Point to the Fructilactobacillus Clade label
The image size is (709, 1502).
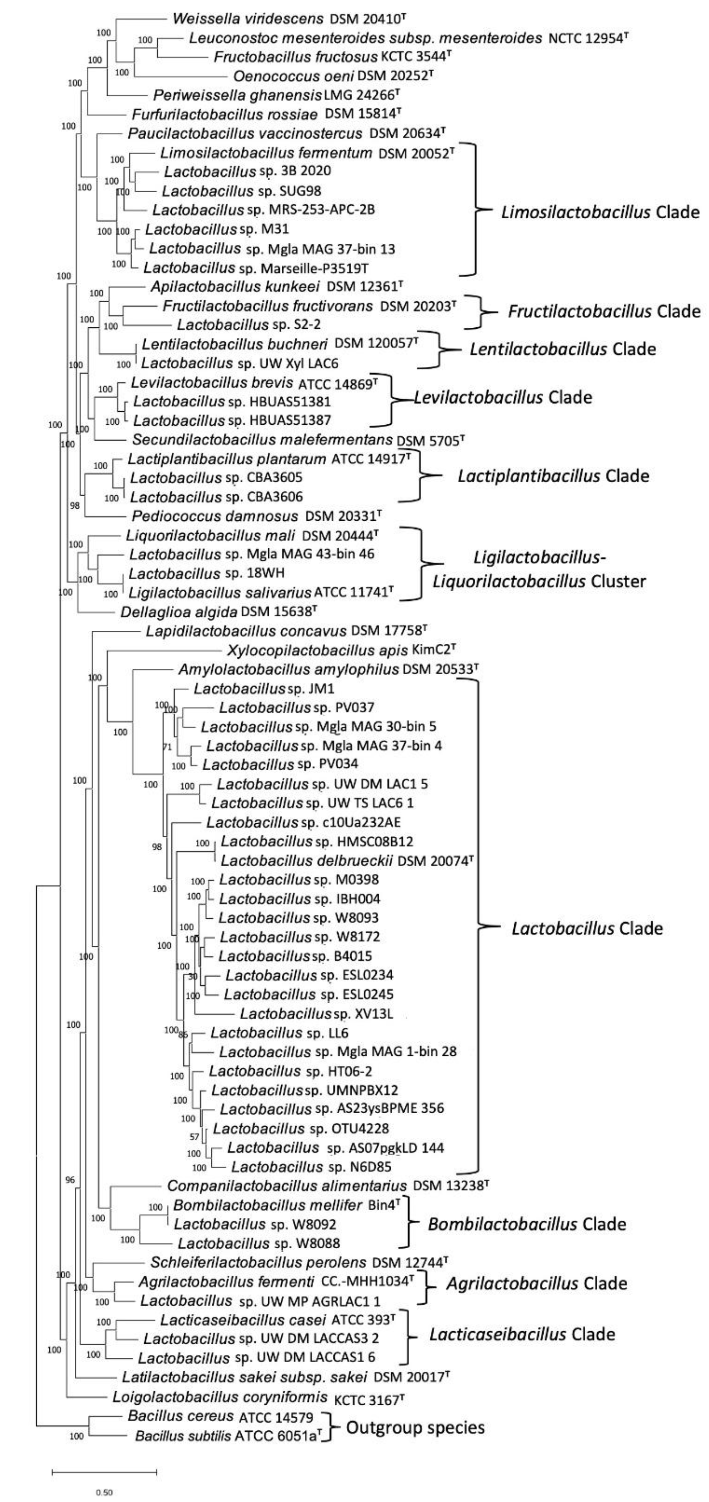point(604,311)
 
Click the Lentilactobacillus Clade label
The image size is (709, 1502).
point(563,349)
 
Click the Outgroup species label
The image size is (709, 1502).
point(416,1428)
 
